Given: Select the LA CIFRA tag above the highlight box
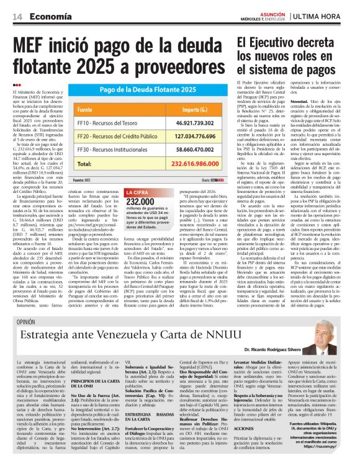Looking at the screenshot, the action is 139,192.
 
